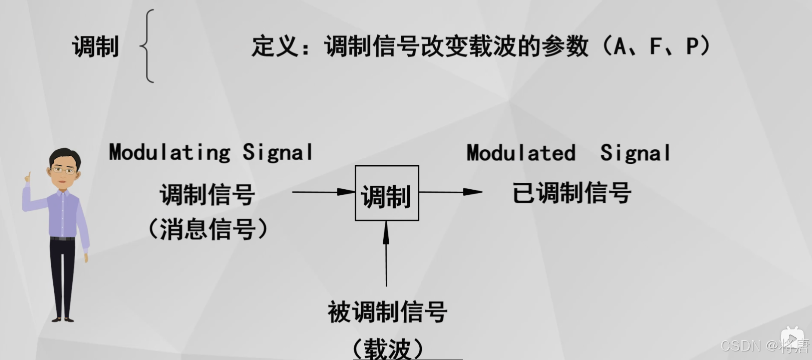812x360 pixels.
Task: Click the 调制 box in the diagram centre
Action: pyautogui.click(x=387, y=193)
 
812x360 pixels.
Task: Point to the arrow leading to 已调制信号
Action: pyautogui.click(x=450, y=192)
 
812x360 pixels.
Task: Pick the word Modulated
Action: pyautogui.click(x=521, y=153)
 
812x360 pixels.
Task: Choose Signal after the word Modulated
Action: pyautogui.click(x=635, y=153)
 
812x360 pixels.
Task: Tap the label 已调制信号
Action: pyautogui.click(x=572, y=193)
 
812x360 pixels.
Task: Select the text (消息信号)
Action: pyautogui.click(x=208, y=229)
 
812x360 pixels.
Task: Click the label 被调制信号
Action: pyautogui.click(x=387, y=312)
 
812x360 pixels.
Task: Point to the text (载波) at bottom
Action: pyautogui.click(x=387, y=348)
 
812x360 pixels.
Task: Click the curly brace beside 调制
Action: pyautogui.click(x=148, y=46)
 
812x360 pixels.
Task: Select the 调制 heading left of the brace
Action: pyautogui.click(x=95, y=46)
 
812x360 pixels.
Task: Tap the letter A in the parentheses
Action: pyautogui.click(x=620, y=46)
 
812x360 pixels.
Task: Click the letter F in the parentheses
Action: pyautogui.click(x=655, y=46)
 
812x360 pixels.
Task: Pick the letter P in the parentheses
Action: pyautogui.click(x=692, y=46)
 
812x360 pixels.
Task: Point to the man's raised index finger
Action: pyautogui.click(x=29, y=177)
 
